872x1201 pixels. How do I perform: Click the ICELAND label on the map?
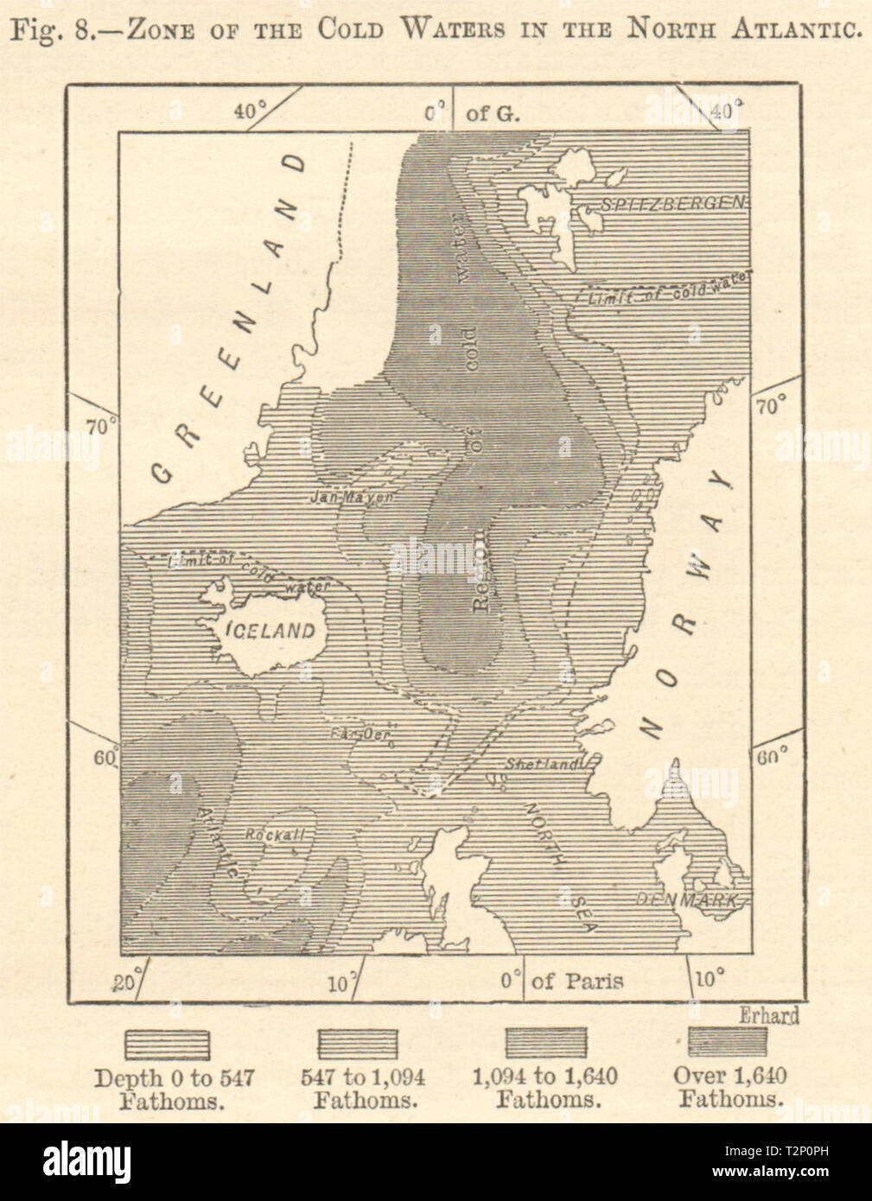270,631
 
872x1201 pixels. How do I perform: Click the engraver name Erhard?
768,1016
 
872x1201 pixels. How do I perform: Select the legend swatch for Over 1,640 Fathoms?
728,1042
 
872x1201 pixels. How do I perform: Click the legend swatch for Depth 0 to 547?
167,1044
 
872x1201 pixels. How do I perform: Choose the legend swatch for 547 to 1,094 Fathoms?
358,1044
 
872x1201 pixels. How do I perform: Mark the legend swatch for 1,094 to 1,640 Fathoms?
545,1043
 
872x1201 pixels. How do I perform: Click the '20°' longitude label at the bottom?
127,982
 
